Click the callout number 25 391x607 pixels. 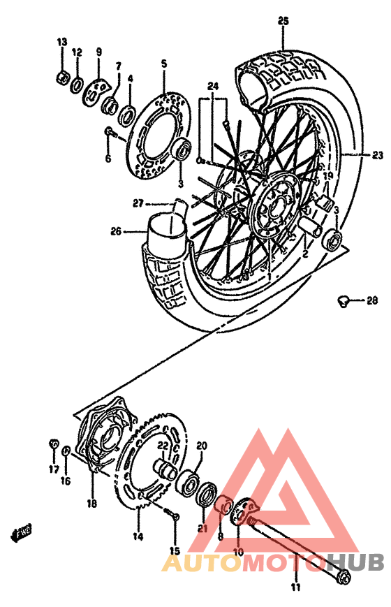click(x=283, y=22)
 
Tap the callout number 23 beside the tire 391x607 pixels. click(x=378, y=155)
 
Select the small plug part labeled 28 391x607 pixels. click(x=341, y=300)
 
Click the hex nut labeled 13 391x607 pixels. click(x=62, y=77)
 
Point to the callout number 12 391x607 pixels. click(x=78, y=52)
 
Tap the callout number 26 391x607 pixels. click(x=116, y=231)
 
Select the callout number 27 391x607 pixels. click(x=138, y=203)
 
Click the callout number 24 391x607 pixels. click(x=213, y=87)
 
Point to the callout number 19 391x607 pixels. click(x=327, y=177)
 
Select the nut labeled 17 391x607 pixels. click(x=53, y=444)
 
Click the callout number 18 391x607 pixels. click(x=91, y=504)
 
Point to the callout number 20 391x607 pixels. click(x=202, y=446)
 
